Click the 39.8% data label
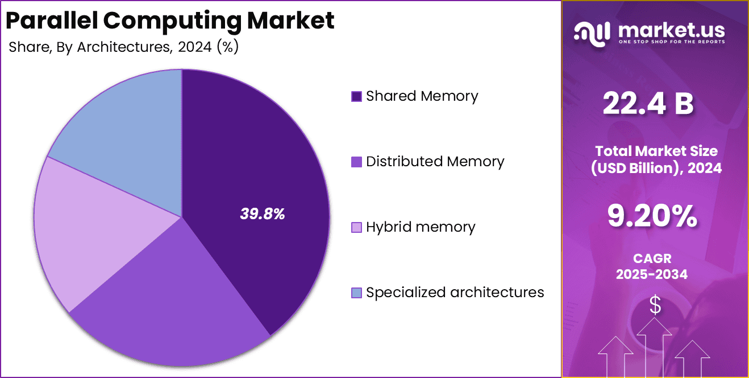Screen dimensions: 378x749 tap(262, 214)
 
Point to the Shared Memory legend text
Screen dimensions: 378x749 tap(422, 96)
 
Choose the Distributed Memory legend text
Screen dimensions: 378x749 tap(435, 162)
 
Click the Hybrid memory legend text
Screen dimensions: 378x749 tap(420, 227)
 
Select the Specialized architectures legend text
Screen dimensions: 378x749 tap(455, 293)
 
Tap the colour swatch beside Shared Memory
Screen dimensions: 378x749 tap(357, 97)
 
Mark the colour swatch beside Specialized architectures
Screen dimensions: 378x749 tap(357, 293)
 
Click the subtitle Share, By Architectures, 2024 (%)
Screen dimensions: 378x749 tap(123, 47)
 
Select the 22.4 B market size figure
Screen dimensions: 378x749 tap(648, 104)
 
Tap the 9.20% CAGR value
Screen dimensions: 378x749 tap(652, 216)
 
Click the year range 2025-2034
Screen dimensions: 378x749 tap(652, 274)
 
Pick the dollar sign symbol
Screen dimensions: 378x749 tap(655, 306)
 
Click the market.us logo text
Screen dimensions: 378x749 tap(671, 30)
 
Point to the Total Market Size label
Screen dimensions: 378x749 tap(656, 151)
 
